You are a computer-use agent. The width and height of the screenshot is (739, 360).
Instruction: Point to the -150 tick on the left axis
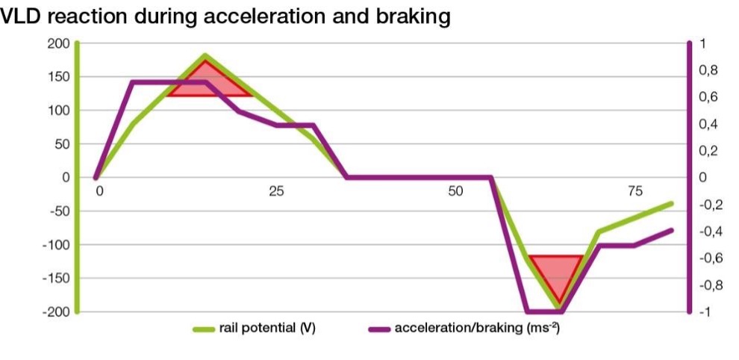click(x=56, y=279)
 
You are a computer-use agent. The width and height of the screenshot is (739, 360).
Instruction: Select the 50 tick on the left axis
click(x=62, y=144)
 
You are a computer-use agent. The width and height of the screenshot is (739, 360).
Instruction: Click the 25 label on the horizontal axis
click(x=276, y=191)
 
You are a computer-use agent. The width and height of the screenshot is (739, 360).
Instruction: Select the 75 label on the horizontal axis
click(x=635, y=191)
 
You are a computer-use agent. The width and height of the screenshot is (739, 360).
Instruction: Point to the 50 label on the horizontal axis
click(x=455, y=191)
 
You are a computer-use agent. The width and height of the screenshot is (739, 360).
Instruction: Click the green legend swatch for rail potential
click(x=204, y=329)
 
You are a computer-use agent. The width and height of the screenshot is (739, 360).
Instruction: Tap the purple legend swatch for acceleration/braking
click(x=379, y=329)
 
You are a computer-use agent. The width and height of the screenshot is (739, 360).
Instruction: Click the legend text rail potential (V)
click(x=267, y=329)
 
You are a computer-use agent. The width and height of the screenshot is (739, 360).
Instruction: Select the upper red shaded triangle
click(x=209, y=82)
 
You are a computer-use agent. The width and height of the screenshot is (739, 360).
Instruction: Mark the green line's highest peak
click(x=205, y=56)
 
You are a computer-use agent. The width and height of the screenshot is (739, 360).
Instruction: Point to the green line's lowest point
click(x=560, y=307)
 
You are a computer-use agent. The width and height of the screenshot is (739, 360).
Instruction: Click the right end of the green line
click(x=671, y=203)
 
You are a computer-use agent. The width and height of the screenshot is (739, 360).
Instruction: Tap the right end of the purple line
click(x=671, y=230)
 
